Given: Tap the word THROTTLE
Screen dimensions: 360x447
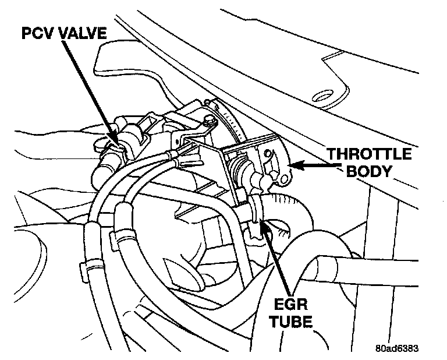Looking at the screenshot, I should pos(368,155).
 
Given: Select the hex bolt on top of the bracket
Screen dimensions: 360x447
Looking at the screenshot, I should pos(207,121).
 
